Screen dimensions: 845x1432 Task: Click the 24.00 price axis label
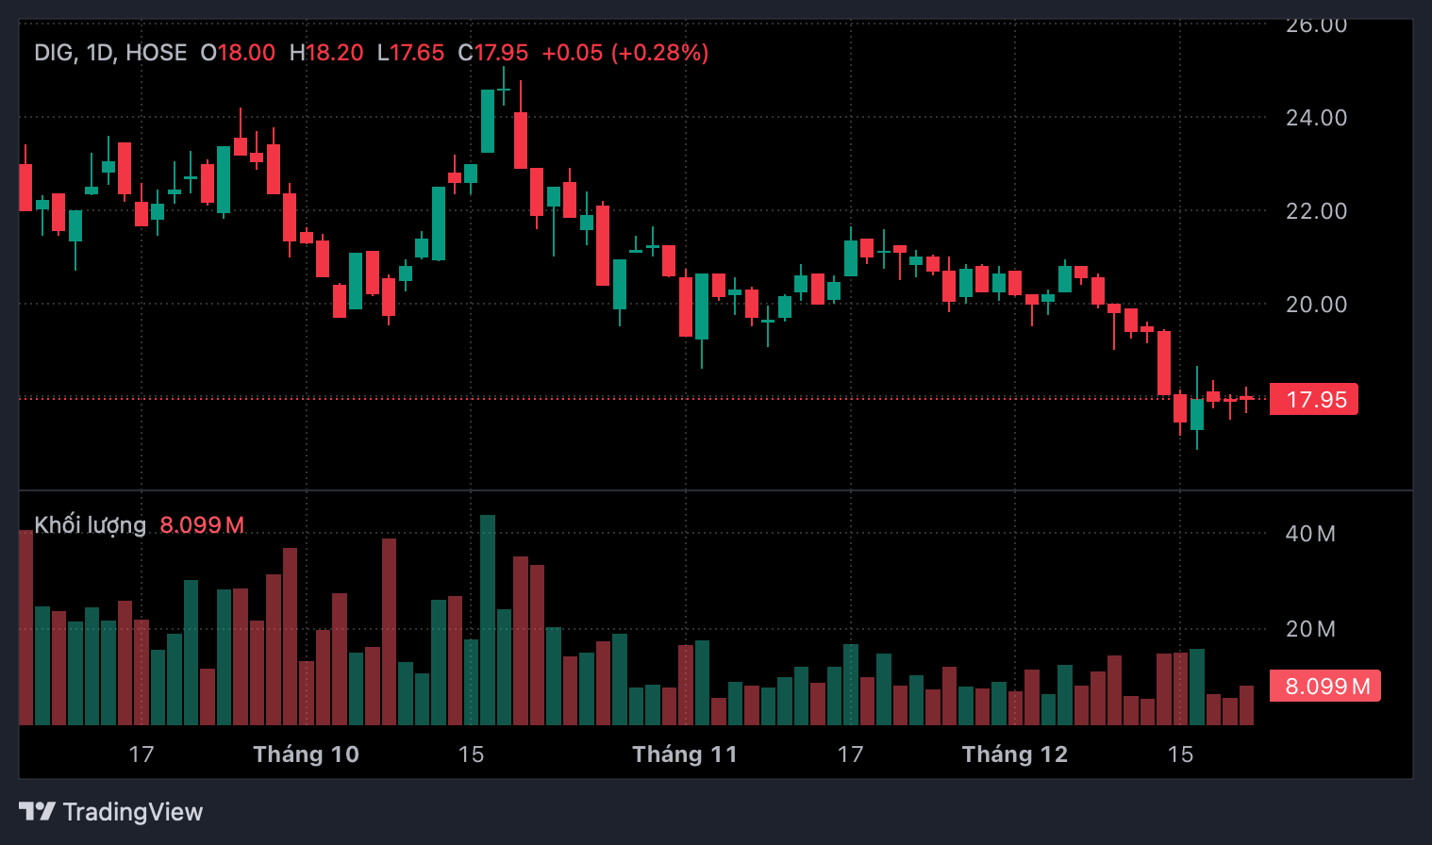click(x=1316, y=118)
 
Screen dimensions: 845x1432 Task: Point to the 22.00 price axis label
click(x=1316, y=211)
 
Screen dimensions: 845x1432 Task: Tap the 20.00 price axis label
click(x=1316, y=305)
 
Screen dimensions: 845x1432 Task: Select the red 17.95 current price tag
click(x=1314, y=400)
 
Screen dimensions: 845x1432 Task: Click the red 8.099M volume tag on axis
click(x=1325, y=687)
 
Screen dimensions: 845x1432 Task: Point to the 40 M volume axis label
click(x=1310, y=534)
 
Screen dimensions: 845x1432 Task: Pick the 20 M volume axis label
click(x=1310, y=629)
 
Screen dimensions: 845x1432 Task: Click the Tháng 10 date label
click(x=306, y=754)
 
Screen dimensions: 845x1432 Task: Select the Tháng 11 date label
click(x=685, y=754)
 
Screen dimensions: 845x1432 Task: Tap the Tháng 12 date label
click(x=1015, y=754)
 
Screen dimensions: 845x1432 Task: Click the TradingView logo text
click(x=132, y=812)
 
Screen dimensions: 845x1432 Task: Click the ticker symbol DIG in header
click(x=54, y=53)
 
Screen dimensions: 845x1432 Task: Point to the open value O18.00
click(x=238, y=53)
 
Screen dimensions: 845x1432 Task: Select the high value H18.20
click(x=326, y=53)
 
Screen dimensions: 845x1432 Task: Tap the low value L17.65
click(x=410, y=53)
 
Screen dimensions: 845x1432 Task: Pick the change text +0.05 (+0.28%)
click(x=625, y=53)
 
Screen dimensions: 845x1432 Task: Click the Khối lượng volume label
click(x=91, y=525)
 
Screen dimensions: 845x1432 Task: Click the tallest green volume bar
click(x=488, y=620)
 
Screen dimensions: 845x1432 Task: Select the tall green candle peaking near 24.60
click(x=488, y=121)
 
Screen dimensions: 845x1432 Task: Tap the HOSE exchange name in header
click(x=157, y=53)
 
